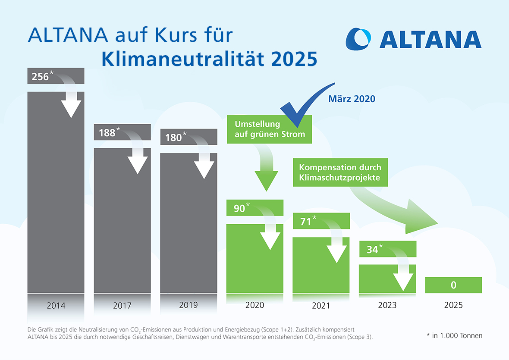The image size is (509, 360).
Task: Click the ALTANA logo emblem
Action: [358, 39]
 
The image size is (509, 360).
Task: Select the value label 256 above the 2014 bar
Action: [40, 77]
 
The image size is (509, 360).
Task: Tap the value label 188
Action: [107, 133]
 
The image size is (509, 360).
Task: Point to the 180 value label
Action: [173, 138]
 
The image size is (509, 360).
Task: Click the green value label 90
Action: [239, 208]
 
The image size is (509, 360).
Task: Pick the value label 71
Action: [306, 222]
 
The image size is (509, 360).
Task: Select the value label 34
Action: [372, 249]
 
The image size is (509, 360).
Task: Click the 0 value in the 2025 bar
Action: [453, 285]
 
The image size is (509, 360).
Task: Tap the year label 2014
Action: [56, 306]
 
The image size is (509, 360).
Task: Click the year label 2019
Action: [188, 305]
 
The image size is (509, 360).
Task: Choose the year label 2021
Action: [321, 306]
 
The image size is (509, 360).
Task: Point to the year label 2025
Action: [453, 305]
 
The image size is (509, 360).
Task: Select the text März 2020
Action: [352, 99]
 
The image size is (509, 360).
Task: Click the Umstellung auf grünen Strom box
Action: [270, 129]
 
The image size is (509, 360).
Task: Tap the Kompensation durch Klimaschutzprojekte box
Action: [340, 172]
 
